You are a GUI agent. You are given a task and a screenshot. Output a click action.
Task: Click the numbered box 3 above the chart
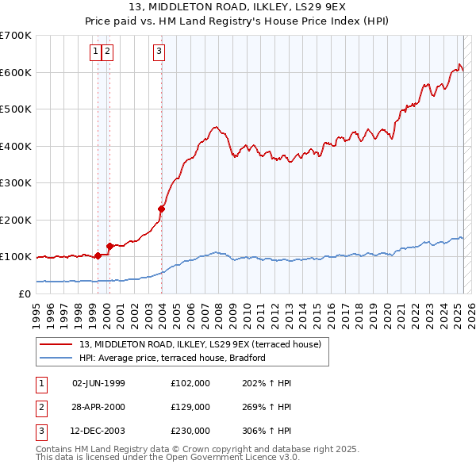[x=159, y=52]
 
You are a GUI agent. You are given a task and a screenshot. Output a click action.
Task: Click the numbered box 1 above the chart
[x=95, y=52]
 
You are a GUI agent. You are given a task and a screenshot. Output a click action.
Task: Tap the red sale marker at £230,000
[x=162, y=209]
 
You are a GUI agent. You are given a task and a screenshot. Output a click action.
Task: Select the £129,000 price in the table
[x=190, y=407]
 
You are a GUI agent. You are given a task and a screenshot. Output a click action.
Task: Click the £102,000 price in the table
[x=190, y=383]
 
